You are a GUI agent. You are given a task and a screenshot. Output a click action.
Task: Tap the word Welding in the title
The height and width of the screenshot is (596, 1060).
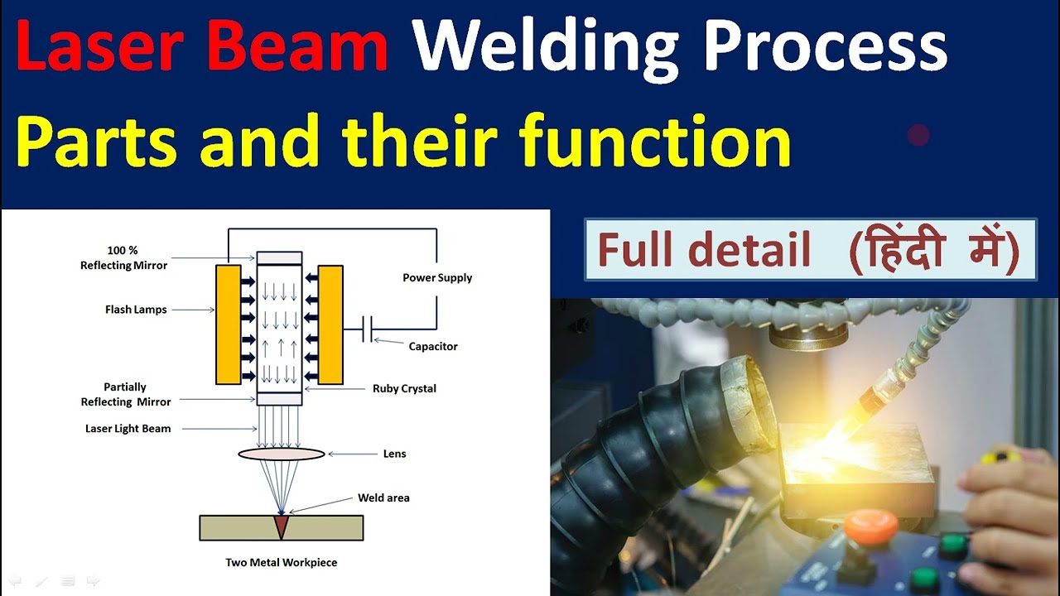click(544, 48)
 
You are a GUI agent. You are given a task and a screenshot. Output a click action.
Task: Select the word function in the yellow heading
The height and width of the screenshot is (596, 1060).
click(654, 142)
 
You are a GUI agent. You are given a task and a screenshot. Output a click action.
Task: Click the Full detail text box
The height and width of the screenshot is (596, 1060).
click(810, 250)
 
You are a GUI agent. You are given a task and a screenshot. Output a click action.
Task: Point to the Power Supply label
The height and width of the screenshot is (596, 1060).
click(437, 277)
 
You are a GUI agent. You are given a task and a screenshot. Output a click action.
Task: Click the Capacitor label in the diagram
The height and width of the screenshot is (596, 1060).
click(433, 346)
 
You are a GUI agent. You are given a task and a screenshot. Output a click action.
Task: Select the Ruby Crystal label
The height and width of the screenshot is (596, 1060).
click(404, 388)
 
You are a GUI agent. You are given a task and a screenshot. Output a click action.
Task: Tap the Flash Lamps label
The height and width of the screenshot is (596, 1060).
click(136, 310)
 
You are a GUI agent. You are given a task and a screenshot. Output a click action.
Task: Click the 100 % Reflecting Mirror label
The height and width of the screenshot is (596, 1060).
click(124, 257)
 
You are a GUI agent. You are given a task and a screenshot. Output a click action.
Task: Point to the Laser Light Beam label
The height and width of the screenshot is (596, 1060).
click(128, 429)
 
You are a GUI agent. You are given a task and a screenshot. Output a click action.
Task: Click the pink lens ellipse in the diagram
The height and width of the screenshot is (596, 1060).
click(282, 454)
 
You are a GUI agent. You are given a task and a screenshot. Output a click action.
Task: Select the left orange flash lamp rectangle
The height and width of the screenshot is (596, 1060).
click(228, 324)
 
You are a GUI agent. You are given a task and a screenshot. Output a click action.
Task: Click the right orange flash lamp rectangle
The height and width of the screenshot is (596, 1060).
click(330, 324)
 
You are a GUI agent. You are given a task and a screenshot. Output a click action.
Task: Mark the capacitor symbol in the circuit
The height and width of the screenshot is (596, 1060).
click(369, 329)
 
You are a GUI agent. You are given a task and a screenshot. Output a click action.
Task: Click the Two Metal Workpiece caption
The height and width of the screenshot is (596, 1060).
click(282, 562)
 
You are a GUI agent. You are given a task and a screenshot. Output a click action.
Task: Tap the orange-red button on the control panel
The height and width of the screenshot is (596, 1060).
click(870, 525)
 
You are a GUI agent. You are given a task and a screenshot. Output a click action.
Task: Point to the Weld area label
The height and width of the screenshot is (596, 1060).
click(383, 497)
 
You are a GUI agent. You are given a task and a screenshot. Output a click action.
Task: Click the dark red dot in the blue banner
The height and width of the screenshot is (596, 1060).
click(918, 135)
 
